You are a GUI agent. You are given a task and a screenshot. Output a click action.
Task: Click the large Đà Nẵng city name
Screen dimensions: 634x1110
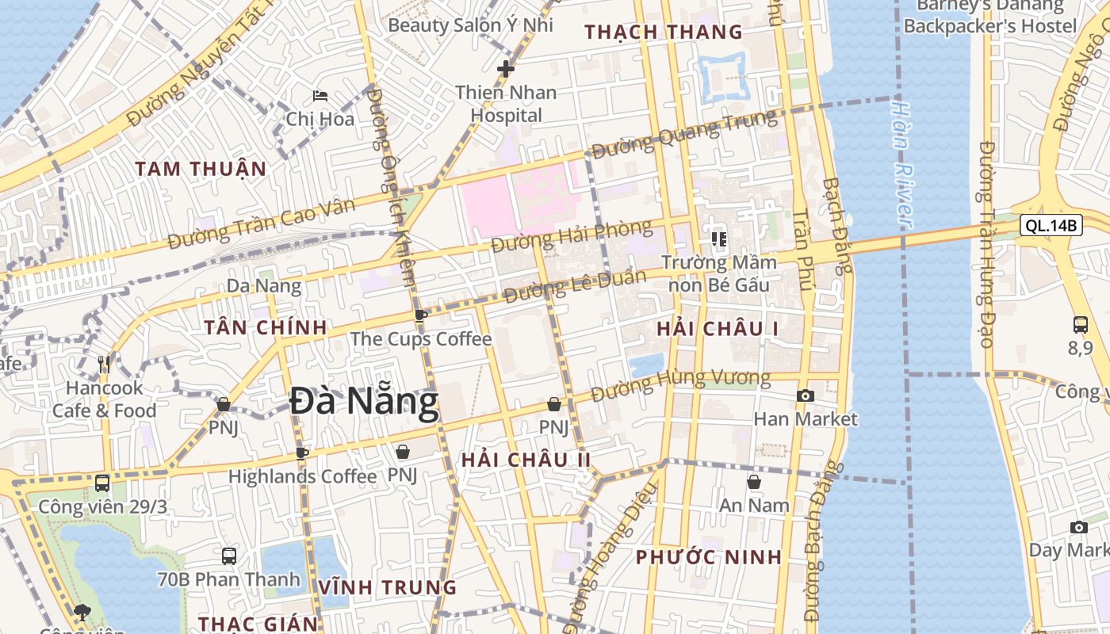(x=363, y=402)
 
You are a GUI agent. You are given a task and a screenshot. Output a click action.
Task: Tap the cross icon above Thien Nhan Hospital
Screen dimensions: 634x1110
(x=505, y=69)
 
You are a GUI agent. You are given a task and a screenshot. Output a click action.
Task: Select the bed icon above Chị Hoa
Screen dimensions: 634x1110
(x=320, y=96)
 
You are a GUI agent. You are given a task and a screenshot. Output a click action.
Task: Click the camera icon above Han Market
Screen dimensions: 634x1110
(x=806, y=395)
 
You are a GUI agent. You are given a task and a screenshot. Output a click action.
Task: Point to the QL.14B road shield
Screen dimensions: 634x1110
(x=1051, y=226)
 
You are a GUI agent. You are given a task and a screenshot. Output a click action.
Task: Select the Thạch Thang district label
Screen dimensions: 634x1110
(x=663, y=32)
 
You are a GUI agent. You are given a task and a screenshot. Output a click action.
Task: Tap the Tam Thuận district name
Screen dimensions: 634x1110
(x=200, y=169)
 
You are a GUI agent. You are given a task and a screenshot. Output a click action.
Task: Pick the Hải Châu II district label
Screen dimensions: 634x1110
(x=526, y=460)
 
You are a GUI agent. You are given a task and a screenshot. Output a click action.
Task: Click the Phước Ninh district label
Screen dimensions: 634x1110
(x=709, y=557)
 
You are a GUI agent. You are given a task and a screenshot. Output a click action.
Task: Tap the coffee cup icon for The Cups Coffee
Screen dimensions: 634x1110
(x=421, y=315)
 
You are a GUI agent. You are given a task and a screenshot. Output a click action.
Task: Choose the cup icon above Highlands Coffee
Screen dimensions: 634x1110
(x=301, y=453)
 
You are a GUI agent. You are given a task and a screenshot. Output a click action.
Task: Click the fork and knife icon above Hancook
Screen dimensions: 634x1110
(x=104, y=365)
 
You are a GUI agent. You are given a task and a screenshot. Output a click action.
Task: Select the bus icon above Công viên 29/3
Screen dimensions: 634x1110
(x=102, y=483)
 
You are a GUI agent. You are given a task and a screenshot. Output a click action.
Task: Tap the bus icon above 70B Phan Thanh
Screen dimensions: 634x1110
(x=229, y=556)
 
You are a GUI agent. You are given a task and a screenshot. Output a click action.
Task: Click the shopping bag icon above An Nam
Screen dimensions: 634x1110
(x=754, y=482)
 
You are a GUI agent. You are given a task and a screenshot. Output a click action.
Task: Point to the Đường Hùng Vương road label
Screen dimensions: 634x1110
(x=680, y=384)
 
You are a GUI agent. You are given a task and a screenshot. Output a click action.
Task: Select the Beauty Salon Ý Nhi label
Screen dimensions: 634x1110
(x=470, y=25)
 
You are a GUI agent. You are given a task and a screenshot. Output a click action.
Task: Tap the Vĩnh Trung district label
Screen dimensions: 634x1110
(x=388, y=588)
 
